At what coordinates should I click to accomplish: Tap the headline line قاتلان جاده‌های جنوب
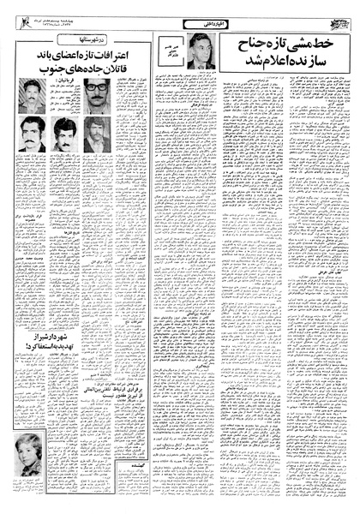[x=80, y=71]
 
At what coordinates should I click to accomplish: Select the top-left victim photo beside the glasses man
[x=32, y=96]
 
